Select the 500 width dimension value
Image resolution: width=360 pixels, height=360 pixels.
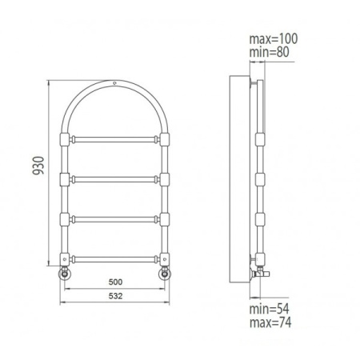(x=115, y=282)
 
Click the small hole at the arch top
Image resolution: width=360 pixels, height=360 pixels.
(x=115, y=83)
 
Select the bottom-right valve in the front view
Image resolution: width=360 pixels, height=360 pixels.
(x=166, y=274)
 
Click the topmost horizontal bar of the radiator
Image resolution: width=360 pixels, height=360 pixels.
(x=115, y=139)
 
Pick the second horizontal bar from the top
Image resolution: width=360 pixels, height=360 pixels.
(x=115, y=178)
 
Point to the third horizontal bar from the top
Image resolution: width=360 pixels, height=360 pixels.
(x=115, y=218)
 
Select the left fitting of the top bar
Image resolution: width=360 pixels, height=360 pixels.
(x=65, y=139)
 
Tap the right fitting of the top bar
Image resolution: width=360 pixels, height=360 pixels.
(x=165, y=139)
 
